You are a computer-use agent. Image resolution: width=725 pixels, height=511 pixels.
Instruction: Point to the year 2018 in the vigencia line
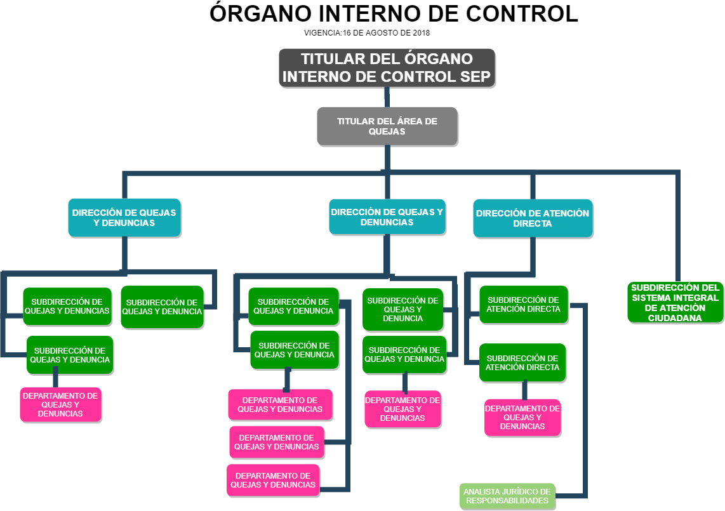[422, 32]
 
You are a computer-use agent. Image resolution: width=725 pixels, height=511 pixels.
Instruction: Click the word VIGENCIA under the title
[323, 32]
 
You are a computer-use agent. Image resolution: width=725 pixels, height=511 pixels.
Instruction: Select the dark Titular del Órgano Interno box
[387, 68]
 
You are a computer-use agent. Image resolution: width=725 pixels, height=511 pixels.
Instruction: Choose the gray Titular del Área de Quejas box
[387, 126]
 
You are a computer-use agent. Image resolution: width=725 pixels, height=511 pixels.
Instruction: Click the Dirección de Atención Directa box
[533, 219]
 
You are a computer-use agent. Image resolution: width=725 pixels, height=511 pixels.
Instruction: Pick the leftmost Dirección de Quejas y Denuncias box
[124, 218]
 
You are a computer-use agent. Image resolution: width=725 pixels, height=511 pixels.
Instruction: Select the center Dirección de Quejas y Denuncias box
[387, 217]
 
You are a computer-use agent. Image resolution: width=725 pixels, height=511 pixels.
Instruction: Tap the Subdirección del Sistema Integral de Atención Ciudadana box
[675, 302]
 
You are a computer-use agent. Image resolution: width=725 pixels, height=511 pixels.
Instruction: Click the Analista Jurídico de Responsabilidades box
[507, 496]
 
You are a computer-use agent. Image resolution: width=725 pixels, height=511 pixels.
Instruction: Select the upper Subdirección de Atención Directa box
[523, 305]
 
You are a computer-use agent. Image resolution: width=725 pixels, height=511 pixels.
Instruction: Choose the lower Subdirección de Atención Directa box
[522, 363]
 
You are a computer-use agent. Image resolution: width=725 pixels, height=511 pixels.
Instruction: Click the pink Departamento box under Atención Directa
[522, 418]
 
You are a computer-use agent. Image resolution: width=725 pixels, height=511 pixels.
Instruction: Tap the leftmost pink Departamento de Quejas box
[60, 404]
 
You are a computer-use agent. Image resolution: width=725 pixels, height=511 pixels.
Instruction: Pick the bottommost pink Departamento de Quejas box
[273, 481]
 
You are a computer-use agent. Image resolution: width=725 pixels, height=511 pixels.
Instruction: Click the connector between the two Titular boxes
[387, 97]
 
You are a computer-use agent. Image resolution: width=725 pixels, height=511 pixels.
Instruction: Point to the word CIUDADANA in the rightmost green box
[675, 318]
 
